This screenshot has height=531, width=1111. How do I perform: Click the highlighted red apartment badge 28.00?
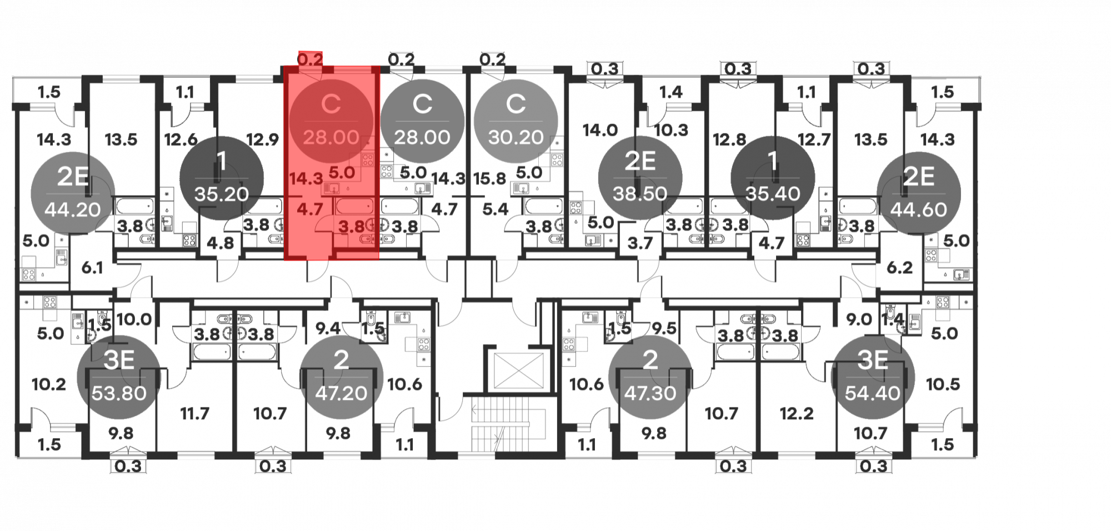point(331,121)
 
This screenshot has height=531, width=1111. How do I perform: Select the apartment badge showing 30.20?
point(516,121)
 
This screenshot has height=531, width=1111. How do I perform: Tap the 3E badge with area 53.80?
point(119,377)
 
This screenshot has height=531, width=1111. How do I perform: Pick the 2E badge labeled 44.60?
point(918,193)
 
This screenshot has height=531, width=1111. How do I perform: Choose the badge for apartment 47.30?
point(650,377)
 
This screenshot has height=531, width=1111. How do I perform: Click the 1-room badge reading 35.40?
point(773,177)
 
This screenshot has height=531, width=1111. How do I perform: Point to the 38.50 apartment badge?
point(640,177)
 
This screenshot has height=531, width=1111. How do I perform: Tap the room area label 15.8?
point(489,179)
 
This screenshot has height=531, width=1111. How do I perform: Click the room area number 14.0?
point(600,131)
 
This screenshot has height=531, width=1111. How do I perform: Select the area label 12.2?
point(797,413)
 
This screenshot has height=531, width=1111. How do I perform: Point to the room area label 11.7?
point(194,413)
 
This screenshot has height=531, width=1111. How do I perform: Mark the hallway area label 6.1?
point(92,268)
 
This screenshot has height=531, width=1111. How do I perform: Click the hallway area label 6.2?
point(899,268)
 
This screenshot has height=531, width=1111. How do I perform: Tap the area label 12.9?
point(262,139)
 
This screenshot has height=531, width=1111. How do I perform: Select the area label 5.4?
point(495,209)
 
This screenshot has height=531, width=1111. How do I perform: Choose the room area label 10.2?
point(49,384)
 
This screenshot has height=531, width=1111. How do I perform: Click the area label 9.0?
point(859,320)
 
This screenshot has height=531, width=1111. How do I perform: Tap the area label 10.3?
point(671,131)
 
